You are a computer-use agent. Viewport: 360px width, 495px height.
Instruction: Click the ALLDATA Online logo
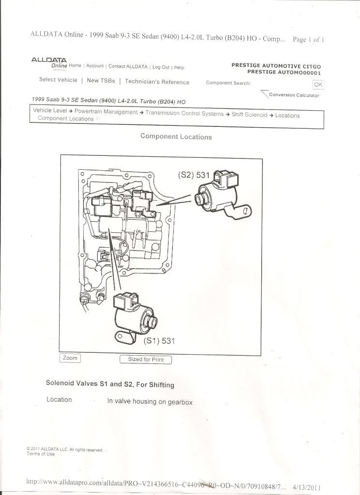pyautogui.click(x=49, y=62)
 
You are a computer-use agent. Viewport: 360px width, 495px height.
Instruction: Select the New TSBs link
pyautogui.click(x=101, y=81)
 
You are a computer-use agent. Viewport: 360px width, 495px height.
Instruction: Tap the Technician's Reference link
pyautogui.click(x=157, y=82)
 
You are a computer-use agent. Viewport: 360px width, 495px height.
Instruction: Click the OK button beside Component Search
pyautogui.click(x=317, y=84)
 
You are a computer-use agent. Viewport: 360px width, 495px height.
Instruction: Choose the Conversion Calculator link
pyautogui.click(x=294, y=95)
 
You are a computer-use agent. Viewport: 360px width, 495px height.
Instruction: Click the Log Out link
pyautogui.click(x=161, y=67)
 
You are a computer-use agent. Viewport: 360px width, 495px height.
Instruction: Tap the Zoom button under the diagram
pyautogui.click(x=70, y=358)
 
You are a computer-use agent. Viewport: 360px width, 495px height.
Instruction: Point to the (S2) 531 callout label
pyautogui.click(x=194, y=175)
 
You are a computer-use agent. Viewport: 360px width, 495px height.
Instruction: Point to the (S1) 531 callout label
pyautogui.click(x=159, y=341)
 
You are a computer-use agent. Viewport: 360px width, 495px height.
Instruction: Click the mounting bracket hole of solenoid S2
pyautogui.click(x=246, y=210)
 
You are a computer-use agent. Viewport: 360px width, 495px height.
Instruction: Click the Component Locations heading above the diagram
pyautogui.click(x=176, y=136)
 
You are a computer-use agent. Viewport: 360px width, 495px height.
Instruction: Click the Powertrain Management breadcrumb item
pyautogui.click(x=106, y=112)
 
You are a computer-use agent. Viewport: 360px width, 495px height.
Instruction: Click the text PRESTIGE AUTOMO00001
pyautogui.click(x=284, y=72)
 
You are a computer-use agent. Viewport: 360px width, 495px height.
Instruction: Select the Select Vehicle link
pyautogui.click(x=58, y=80)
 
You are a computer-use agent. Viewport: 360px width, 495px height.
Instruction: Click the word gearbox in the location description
pyautogui.click(x=180, y=402)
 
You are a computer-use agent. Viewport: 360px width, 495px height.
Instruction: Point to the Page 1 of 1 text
pyautogui.click(x=308, y=39)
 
